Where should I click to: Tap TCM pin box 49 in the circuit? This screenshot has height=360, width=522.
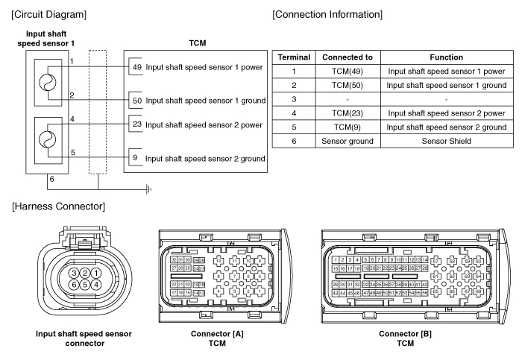(x=135, y=66)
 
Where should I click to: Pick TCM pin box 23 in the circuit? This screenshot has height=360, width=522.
(x=135, y=124)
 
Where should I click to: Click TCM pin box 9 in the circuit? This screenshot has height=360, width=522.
(x=135, y=158)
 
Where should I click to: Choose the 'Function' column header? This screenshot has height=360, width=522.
(x=445, y=57)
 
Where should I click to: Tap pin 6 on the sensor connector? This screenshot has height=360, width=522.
(x=75, y=285)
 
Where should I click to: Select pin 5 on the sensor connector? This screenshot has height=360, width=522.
(x=86, y=285)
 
